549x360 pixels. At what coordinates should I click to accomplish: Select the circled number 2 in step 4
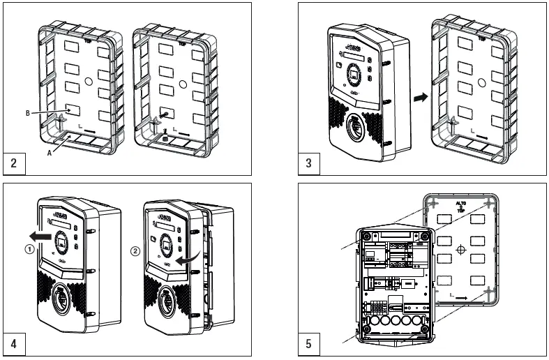(x=135, y=249)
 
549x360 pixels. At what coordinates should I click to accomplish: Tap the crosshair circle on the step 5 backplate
(x=460, y=249)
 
